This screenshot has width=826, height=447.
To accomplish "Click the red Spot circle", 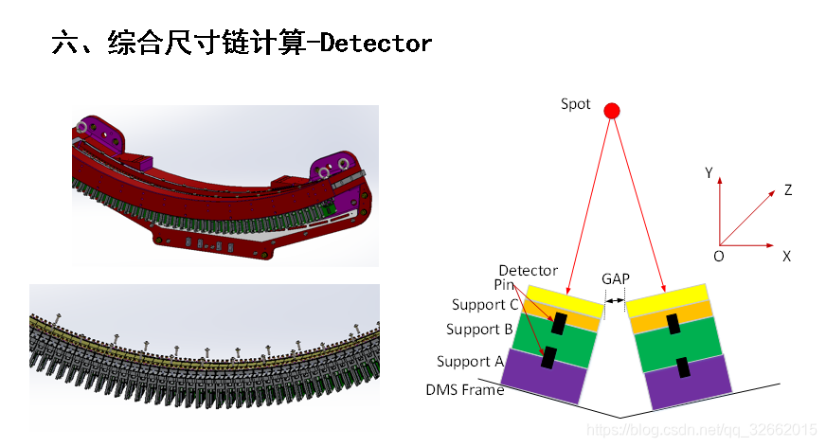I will pyautogui.click(x=612, y=111).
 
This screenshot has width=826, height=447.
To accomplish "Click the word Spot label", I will pyautogui.click(x=575, y=104).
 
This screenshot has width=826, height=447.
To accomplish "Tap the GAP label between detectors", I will pyautogui.click(x=615, y=279).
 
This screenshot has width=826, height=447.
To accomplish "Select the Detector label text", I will pyautogui.click(x=528, y=271).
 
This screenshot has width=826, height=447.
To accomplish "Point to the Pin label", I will pyautogui.click(x=504, y=284).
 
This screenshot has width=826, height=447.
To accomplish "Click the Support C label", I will pyautogui.click(x=484, y=304).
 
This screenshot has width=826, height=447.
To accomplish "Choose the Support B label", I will pyautogui.click(x=479, y=330).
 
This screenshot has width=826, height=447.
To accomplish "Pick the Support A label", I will pyautogui.click(x=470, y=361).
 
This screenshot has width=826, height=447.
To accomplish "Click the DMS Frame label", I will pyautogui.click(x=464, y=389).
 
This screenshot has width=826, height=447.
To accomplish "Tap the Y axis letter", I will pyautogui.click(x=709, y=173).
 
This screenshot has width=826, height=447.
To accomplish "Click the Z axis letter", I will pyautogui.click(x=787, y=190).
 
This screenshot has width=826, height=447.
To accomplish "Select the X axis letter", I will pyautogui.click(x=786, y=256).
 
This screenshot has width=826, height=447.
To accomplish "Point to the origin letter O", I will pyautogui.click(x=719, y=256).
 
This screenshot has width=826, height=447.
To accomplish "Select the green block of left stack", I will pyautogui.click(x=550, y=338).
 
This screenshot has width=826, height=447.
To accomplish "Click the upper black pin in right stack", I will pyautogui.click(x=673, y=325).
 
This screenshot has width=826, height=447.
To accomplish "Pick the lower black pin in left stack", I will pyautogui.click(x=548, y=358).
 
